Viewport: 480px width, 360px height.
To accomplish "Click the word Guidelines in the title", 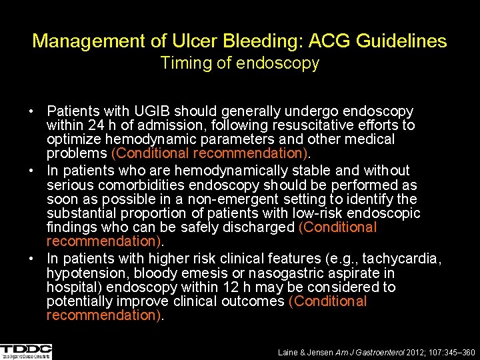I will (x=402, y=41).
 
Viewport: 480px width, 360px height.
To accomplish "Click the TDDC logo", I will (x=26, y=351).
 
